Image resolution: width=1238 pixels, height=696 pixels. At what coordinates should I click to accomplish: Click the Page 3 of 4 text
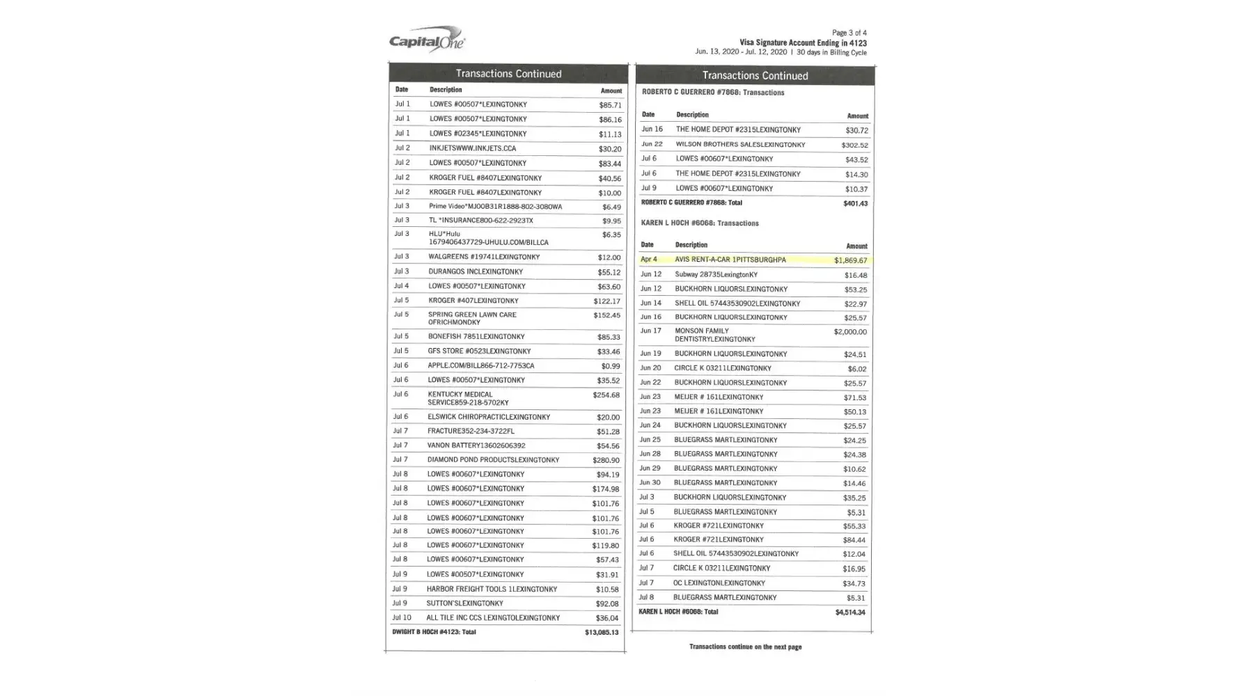click(849, 33)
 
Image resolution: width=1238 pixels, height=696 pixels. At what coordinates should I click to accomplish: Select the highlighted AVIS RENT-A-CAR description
click(730, 260)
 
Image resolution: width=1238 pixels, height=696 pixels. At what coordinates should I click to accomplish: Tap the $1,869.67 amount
click(850, 260)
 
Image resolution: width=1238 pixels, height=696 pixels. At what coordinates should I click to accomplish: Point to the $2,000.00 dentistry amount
click(849, 332)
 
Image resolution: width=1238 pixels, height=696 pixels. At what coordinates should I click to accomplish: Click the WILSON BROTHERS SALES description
click(740, 145)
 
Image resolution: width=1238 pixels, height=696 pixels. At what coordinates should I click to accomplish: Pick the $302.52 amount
click(854, 145)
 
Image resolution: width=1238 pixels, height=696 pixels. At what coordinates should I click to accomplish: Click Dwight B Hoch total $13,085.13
click(601, 633)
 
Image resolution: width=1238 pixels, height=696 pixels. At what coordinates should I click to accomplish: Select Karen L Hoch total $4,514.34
click(849, 612)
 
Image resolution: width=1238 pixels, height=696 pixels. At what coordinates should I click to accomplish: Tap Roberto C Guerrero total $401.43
click(855, 203)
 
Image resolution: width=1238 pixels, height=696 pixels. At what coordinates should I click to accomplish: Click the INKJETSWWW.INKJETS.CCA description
click(472, 148)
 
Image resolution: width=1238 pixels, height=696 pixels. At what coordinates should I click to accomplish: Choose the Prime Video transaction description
click(495, 206)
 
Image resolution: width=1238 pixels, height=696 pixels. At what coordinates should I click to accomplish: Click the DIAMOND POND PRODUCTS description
click(493, 460)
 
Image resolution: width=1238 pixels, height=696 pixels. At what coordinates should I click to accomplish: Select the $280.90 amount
click(606, 460)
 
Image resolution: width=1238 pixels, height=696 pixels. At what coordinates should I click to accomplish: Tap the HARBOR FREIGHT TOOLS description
click(492, 589)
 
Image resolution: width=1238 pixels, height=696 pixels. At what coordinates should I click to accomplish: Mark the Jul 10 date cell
click(402, 617)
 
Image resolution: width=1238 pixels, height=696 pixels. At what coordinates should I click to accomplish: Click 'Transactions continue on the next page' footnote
click(745, 647)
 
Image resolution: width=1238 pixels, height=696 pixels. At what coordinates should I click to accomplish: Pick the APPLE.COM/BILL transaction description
click(480, 365)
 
